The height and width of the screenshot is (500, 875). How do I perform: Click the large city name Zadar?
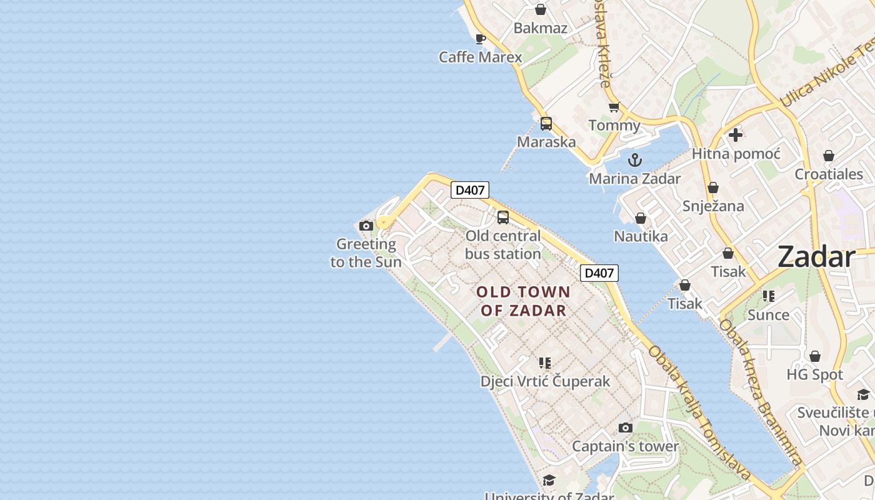(x=816, y=257)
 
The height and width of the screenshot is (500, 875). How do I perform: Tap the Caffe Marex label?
(x=480, y=57)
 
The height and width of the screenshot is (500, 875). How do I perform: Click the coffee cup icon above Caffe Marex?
(x=480, y=39)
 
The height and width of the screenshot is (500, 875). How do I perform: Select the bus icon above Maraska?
(x=546, y=124)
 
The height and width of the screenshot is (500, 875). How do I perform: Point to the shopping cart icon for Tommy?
(x=614, y=107)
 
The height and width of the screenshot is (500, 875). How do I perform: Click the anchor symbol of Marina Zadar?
(x=635, y=160)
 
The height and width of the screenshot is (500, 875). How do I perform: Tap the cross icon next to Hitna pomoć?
(x=736, y=134)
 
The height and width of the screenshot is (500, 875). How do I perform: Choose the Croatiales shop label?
(x=829, y=174)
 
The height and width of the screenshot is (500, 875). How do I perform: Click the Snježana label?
(x=713, y=206)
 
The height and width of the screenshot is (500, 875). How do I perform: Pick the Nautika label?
(x=641, y=236)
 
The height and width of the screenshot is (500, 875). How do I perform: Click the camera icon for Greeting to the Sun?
(x=366, y=226)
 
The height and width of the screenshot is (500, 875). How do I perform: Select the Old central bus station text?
(x=503, y=245)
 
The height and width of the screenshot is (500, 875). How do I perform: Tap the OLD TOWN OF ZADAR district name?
(x=523, y=301)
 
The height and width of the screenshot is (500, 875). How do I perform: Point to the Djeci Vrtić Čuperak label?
(x=545, y=381)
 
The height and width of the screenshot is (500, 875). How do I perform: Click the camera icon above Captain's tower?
(x=625, y=428)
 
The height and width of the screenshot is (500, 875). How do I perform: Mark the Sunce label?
(x=768, y=314)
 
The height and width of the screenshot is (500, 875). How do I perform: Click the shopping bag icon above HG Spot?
(x=815, y=356)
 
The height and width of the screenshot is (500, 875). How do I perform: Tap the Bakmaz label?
(x=541, y=28)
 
